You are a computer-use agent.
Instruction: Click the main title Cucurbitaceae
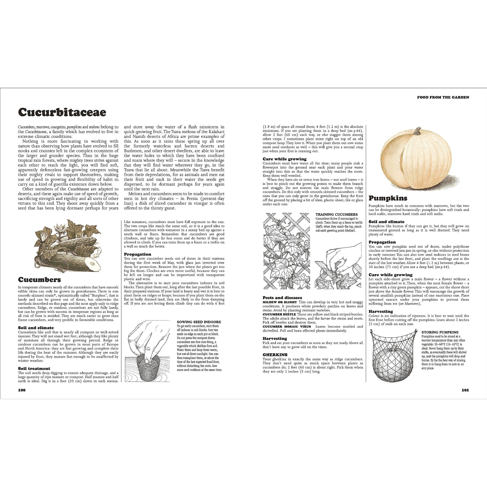62,112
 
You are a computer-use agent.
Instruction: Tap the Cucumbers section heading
39,280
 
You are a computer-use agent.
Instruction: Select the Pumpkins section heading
388,198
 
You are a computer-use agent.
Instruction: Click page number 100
22,390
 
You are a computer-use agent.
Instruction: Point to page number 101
465,390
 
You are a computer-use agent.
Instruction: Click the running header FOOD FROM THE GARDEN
443,97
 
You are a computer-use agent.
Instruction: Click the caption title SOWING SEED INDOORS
199,322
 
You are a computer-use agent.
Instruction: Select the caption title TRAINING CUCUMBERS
336,214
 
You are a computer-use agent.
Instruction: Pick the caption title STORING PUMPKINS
440,332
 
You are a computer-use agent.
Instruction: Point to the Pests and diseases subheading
282,298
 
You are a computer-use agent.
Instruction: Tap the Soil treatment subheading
34,369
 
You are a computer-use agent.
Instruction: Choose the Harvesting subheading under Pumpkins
381,312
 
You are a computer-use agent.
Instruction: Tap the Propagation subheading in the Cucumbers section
137,254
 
